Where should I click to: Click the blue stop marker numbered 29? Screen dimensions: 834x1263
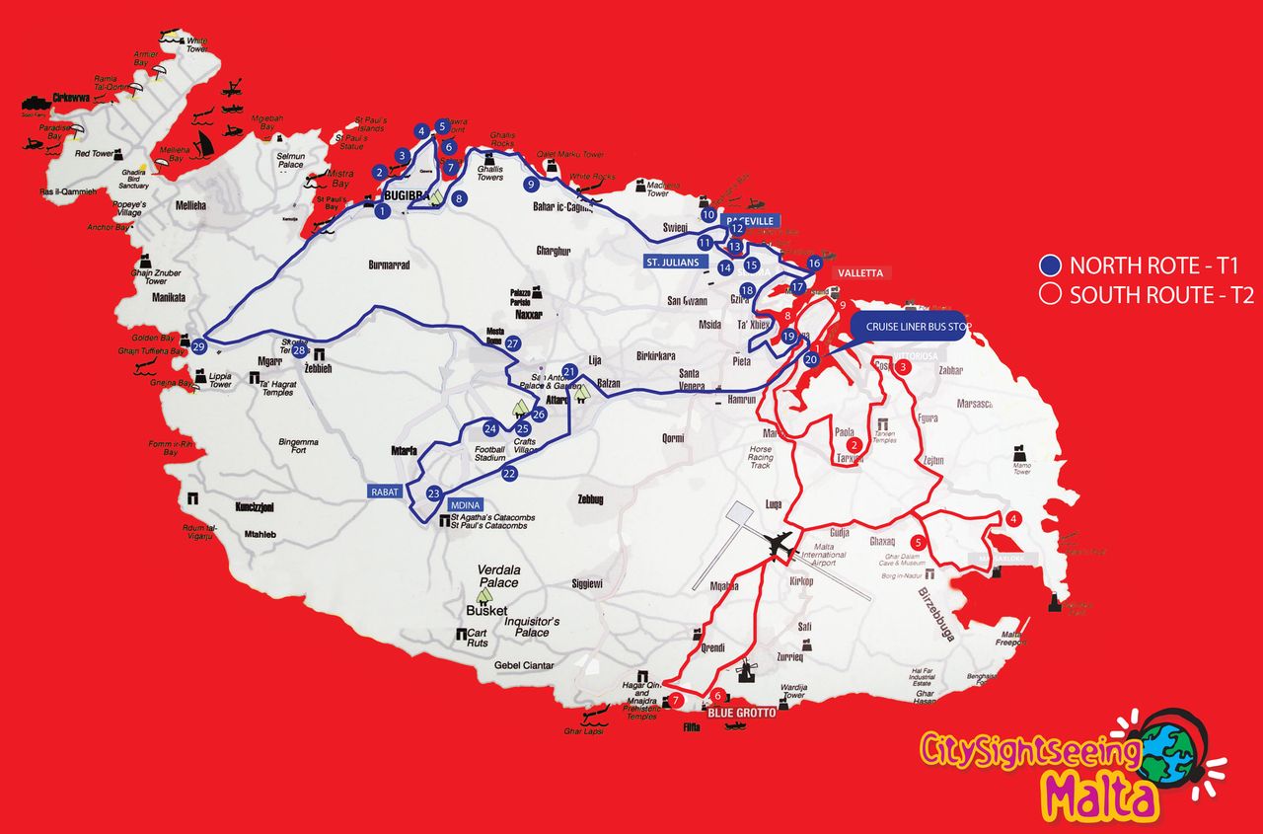(199, 346)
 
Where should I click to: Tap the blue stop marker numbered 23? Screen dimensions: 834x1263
(433, 493)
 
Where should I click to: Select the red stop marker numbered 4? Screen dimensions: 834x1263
(1013, 520)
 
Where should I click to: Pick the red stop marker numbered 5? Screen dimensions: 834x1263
(918, 542)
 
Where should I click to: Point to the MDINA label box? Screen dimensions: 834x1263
(465, 504)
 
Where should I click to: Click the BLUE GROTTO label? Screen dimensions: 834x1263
(734, 711)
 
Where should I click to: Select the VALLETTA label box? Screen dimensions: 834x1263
(859, 272)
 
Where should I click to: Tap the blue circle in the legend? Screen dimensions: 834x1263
(1051, 265)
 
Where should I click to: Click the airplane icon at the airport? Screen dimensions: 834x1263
(780, 543)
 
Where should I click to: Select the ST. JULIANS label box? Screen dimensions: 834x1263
(672, 262)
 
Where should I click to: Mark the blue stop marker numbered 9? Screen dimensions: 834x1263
(531, 184)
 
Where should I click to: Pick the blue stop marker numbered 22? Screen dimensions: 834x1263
(509, 474)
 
